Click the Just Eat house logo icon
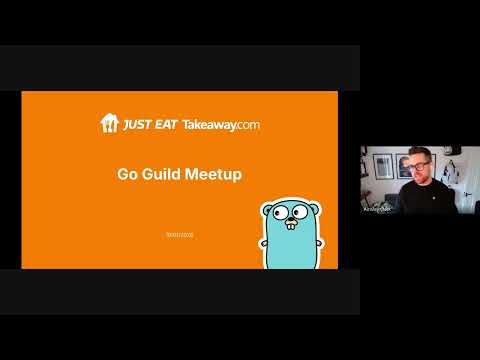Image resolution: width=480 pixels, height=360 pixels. (x=109, y=123)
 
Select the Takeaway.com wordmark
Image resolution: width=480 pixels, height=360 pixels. (x=221, y=124)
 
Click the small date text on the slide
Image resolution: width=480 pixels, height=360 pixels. (x=179, y=233)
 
